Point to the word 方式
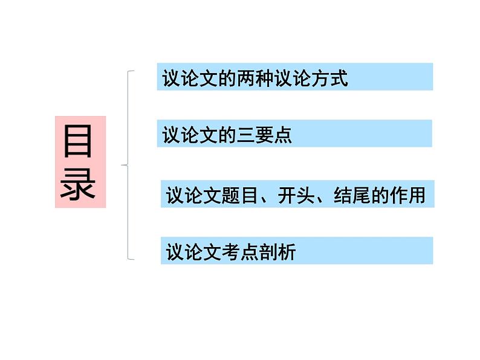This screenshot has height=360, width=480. pyautogui.click(x=330, y=79)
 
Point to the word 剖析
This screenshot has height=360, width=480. pyautogui.click(x=277, y=251)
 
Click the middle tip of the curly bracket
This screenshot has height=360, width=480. pyautogui.click(x=123, y=164)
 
